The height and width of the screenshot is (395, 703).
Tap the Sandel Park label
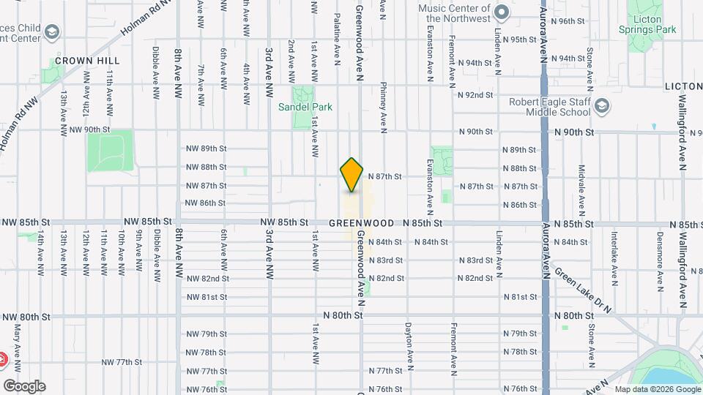point(305,107)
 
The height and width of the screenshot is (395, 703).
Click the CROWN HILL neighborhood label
point(87,61)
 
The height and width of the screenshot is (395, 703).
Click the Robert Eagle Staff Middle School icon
point(602,106)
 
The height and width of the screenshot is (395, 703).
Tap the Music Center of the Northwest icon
point(502,12)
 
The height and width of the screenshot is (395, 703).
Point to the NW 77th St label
point(121,362)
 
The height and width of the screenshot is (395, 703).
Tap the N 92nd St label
point(475,95)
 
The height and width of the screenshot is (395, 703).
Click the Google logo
point(24,385)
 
